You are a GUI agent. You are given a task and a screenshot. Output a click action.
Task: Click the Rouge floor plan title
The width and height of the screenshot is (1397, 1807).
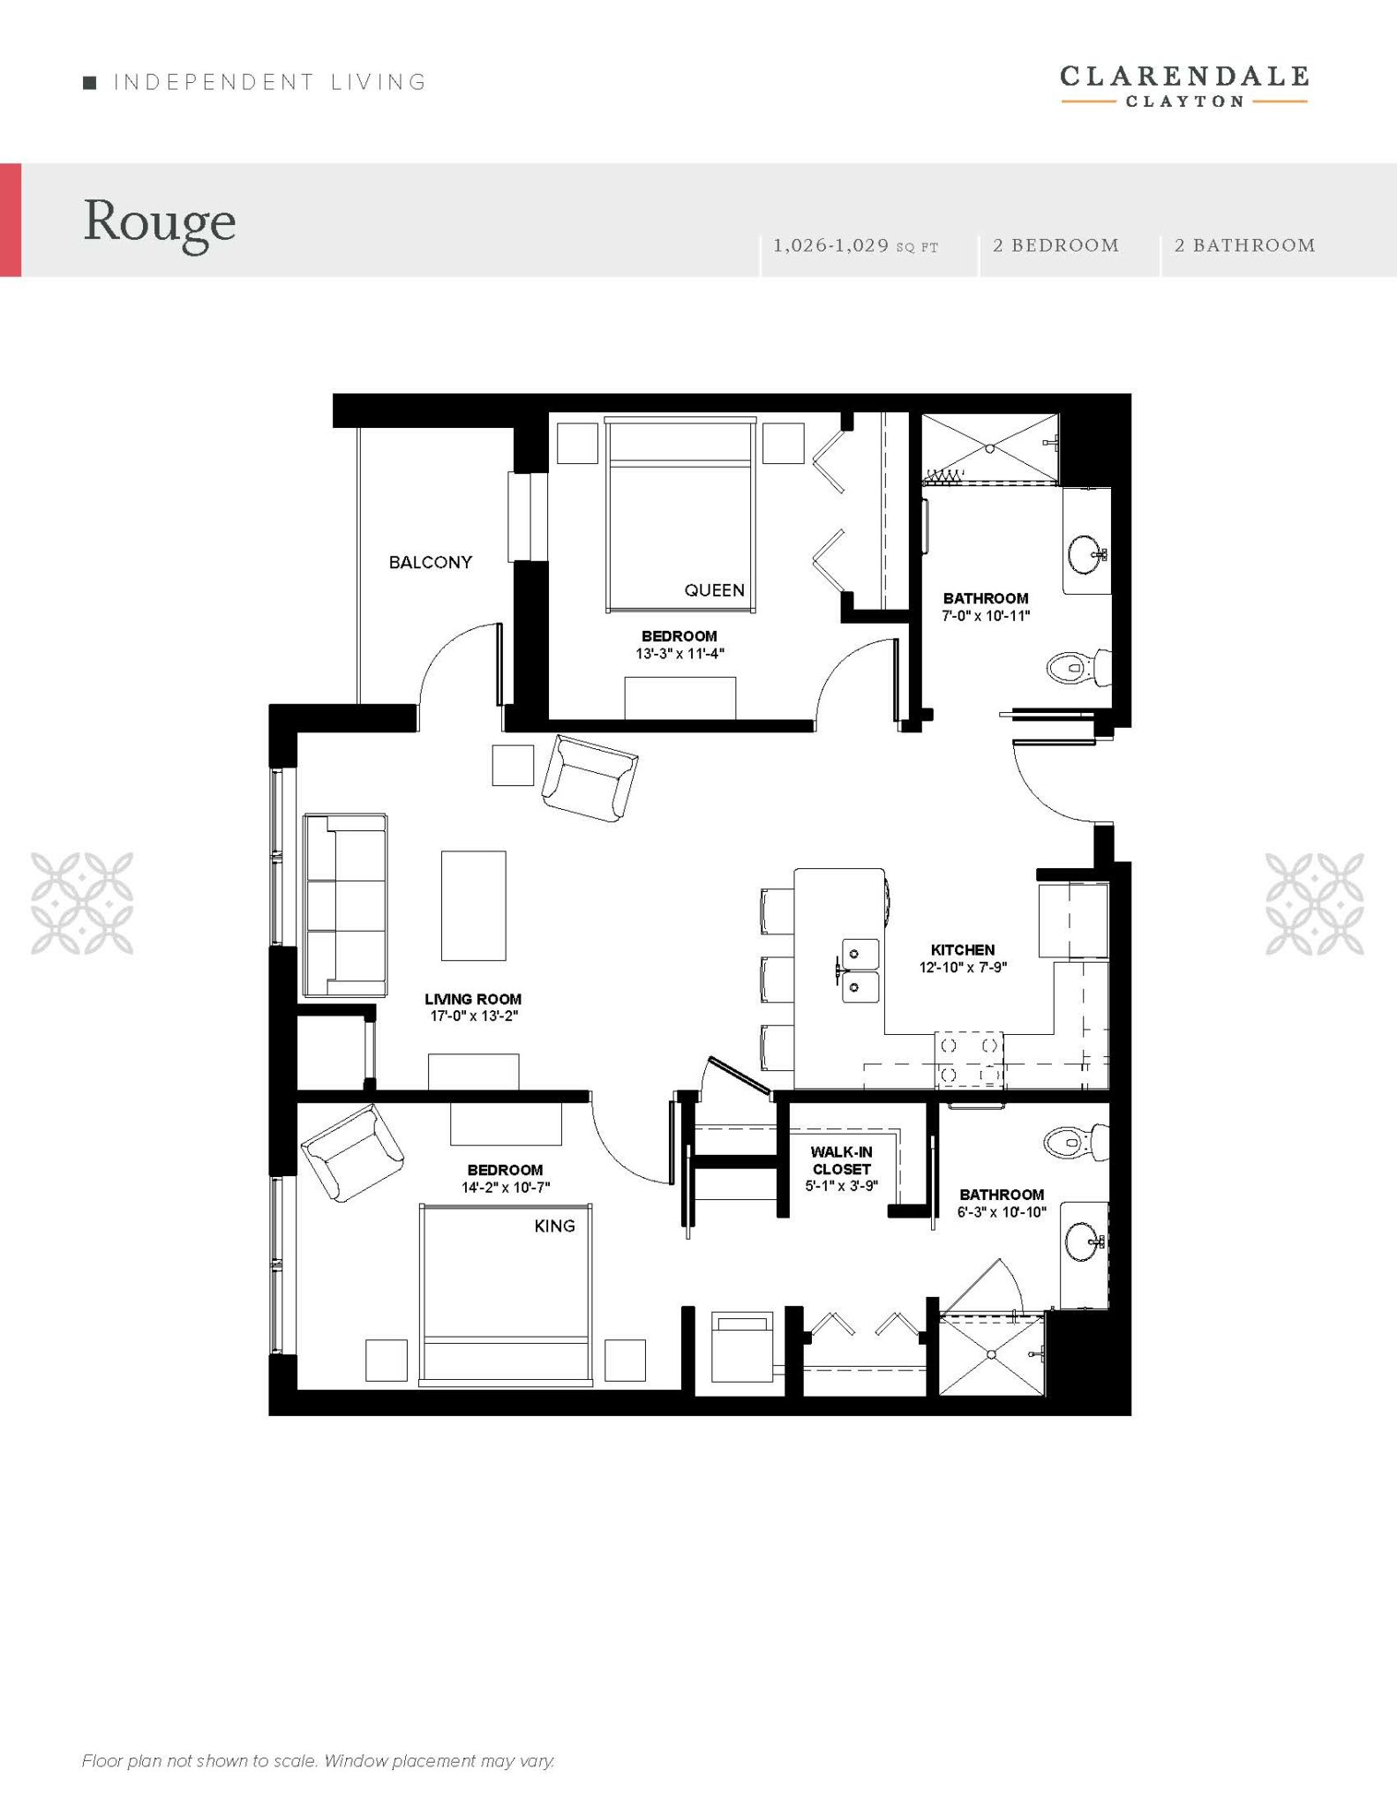coord(160,222)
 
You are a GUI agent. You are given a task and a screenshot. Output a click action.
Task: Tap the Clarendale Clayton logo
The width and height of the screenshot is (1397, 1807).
coord(1184,86)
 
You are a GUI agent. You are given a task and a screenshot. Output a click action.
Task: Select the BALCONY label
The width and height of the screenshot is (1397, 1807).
coord(431,562)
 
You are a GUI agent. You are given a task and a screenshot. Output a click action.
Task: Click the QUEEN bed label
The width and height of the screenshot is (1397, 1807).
coord(715,590)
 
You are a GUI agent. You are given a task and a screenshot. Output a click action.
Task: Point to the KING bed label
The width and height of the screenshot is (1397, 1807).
coord(555,1226)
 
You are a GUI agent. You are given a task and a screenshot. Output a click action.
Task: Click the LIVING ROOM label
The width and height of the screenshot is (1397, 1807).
coord(473,999)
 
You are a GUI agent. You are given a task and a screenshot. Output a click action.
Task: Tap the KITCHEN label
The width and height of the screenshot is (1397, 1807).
coord(963,949)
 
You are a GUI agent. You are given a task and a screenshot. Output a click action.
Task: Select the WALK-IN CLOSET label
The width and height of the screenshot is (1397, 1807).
coord(842,1160)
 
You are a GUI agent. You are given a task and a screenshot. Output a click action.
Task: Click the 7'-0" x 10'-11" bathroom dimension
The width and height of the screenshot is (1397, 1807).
coord(986,616)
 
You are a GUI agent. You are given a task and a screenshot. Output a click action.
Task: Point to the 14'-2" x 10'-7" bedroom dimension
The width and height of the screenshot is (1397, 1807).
coord(506,1188)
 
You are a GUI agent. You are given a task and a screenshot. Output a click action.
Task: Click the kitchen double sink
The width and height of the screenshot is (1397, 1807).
coord(855,971)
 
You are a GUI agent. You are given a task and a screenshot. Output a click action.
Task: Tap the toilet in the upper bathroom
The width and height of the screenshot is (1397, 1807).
coord(1078,667)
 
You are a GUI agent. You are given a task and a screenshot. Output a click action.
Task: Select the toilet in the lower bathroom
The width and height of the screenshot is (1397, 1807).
coord(1076,1143)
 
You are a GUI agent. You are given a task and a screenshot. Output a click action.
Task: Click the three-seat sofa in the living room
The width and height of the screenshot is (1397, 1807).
coord(345,904)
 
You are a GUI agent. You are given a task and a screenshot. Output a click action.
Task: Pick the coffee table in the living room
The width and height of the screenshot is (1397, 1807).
coord(474,905)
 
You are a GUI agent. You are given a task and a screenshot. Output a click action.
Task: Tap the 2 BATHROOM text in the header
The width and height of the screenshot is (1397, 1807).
coord(1244,245)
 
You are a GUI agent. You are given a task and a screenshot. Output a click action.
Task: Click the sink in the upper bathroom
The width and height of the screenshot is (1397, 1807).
coord(1086,554)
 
